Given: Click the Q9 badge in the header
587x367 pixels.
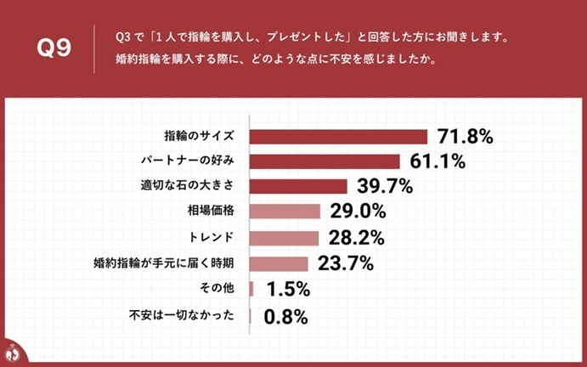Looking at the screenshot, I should (53, 49).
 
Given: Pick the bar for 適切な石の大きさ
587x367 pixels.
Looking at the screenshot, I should (298, 186).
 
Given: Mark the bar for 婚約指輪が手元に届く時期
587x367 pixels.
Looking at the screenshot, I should (279, 263).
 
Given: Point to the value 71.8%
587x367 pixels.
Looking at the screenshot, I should (465, 137).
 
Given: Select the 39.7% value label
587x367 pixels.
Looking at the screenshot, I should (384, 186).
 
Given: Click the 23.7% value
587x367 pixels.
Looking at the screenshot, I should (345, 263).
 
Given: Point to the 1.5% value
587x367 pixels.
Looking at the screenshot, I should (288, 290).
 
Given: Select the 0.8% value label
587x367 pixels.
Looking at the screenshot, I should (285, 317).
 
